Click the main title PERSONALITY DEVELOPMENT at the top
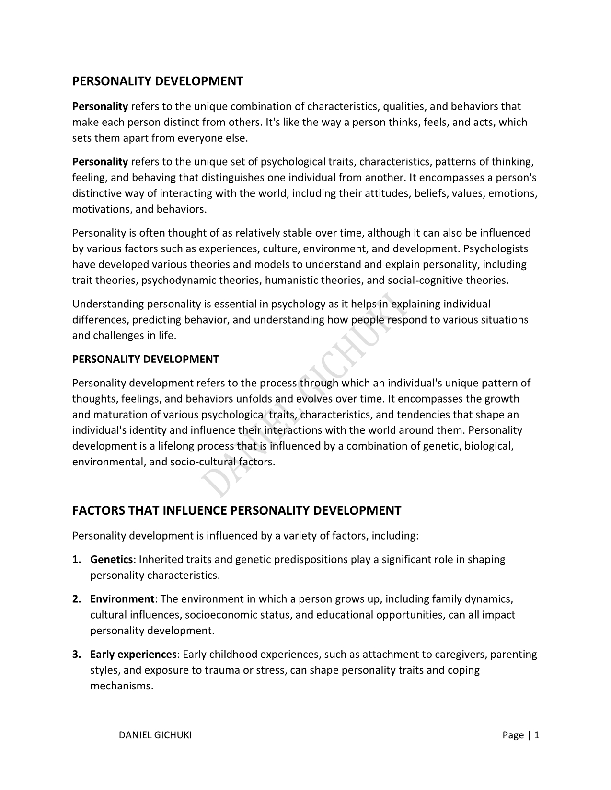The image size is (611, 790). [x=158, y=81]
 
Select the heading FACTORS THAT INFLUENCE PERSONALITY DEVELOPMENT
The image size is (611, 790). [x=236, y=510]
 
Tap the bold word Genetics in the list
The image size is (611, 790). [x=111, y=560]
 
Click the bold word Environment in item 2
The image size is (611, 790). [x=122, y=599]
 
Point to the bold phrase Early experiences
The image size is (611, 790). [x=134, y=655]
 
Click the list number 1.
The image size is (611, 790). [x=76, y=560]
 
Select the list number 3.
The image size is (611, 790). [x=76, y=655]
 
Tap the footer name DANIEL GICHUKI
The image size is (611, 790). [x=155, y=735]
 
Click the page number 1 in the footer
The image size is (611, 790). [x=537, y=735]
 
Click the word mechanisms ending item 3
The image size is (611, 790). [x=121, y=686]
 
